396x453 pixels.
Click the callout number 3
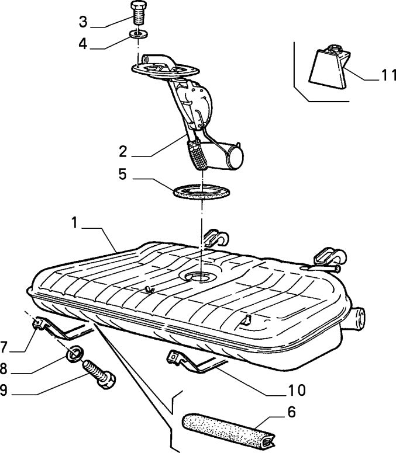point(83,23)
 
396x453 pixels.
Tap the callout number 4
point(83,44)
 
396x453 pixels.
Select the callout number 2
point(122,151)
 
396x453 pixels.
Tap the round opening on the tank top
point(201,276)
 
